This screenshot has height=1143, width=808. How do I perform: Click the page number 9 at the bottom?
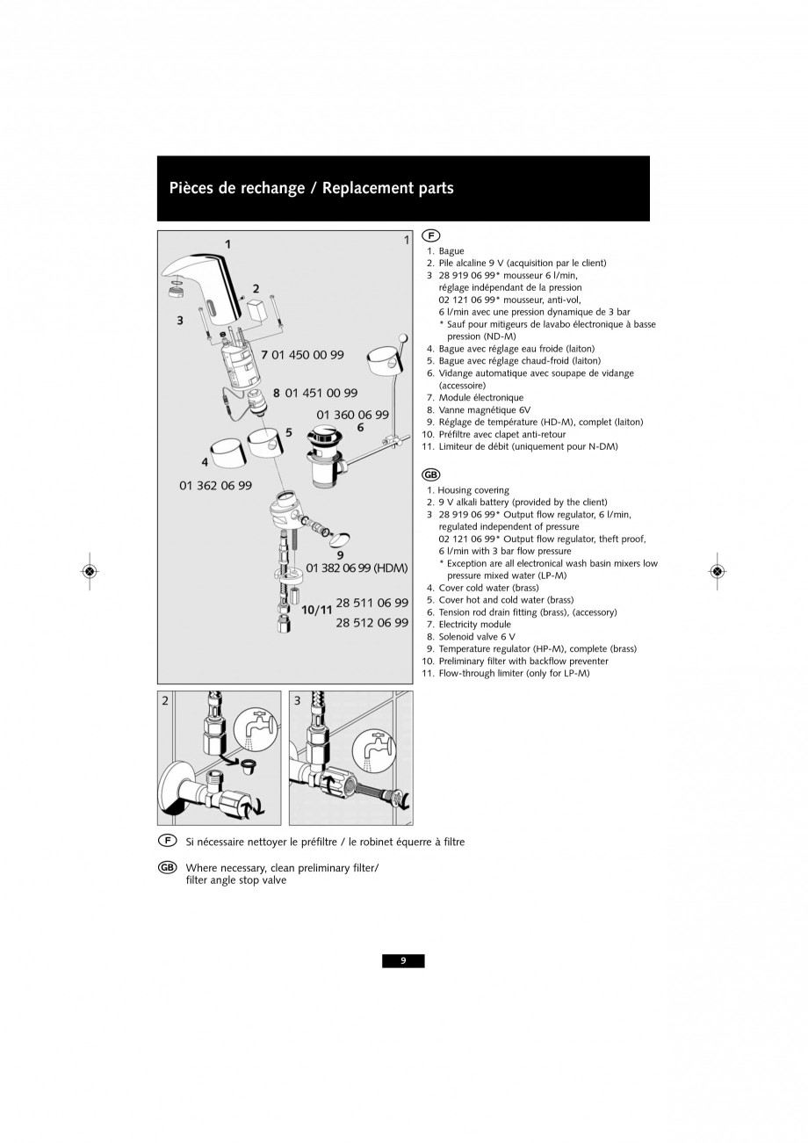tap(403, 961)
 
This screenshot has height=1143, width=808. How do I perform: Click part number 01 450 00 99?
tap(307, 355)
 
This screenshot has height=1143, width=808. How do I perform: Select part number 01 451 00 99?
tap(321, 393)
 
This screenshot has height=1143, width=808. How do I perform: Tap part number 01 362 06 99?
tap(215, 485)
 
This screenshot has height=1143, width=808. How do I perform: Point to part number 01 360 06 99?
tap(352, 415)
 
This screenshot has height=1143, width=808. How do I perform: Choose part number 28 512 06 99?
tap(372, 623)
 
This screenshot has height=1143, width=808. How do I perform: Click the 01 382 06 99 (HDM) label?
tap(357, 568)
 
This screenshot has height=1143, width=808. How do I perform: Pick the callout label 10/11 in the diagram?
tap(317, 610)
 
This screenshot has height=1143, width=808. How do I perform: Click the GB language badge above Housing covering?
tap(431, 475)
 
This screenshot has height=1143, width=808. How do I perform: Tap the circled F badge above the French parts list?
tap(431, 235)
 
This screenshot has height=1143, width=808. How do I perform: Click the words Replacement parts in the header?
tap(387, 188)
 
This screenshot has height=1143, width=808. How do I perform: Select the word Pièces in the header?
tap(191, 188)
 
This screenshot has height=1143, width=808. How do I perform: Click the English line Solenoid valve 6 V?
tap(477, 637)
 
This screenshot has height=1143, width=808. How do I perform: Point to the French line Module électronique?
tap(481, 397)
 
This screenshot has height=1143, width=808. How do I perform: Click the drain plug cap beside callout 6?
tap(321, 434)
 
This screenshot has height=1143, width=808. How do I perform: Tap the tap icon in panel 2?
tap(255, 729)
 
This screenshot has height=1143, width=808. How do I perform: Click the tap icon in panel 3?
tap(374, 750)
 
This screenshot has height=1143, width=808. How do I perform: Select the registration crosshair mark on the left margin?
tap(90, 571)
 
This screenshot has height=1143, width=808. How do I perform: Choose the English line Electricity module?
tap(474, 625)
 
